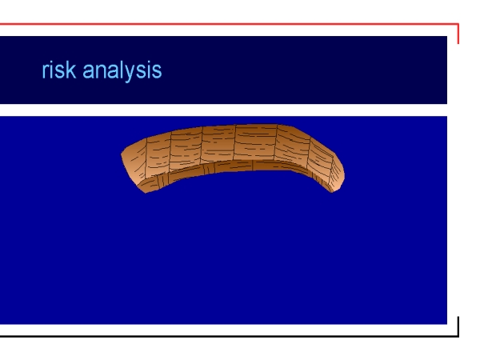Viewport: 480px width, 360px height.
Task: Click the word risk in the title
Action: [x=58, y=70]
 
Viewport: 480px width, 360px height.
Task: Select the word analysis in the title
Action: [x=122, y=71]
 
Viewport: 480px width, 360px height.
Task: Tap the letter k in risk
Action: [x=70, y=70]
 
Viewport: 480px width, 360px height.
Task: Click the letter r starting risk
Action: [x=45, y=72]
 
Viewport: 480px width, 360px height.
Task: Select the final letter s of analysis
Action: [x=157, y=72]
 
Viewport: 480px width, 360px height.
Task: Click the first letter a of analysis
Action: [x=89, y=72]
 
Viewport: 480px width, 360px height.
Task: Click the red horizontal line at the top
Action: [x=230, y=23]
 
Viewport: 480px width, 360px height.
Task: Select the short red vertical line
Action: [x=458, y=34]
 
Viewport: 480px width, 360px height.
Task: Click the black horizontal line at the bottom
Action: [x=230, y=336]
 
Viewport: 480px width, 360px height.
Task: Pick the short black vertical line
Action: [x=458, y=326]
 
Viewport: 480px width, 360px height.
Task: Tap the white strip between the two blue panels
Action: [x=223, y=110]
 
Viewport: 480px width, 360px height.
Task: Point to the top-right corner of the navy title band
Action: [x=447, y=36]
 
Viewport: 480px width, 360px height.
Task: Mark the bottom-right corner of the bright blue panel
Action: [x=447, y=324]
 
